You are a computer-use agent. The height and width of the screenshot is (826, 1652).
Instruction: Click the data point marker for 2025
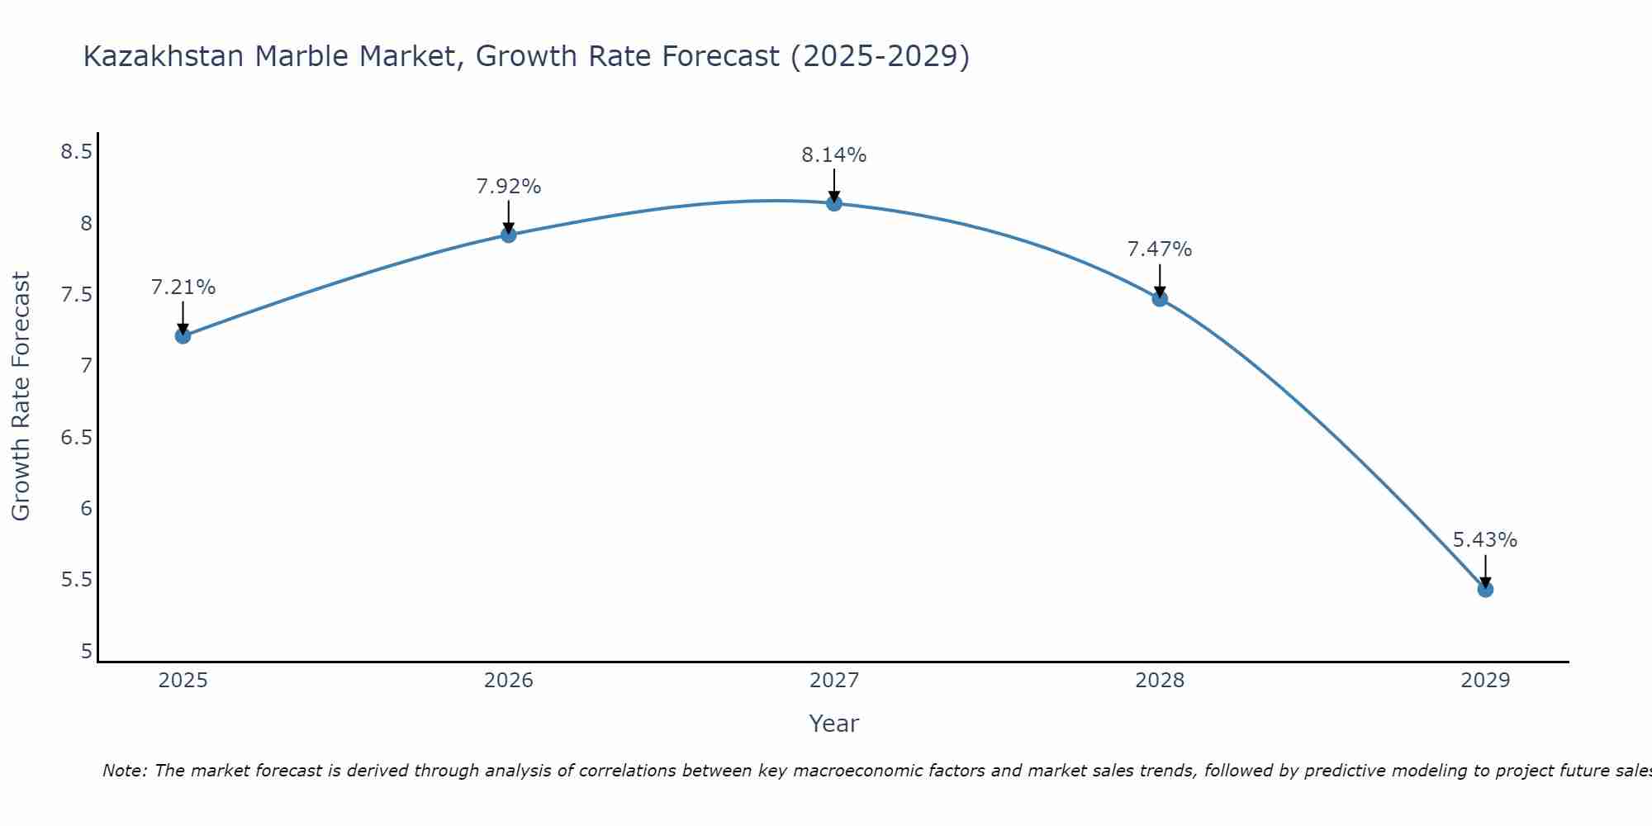coord(183,335)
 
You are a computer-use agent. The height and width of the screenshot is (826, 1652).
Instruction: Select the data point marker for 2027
coord(834,203)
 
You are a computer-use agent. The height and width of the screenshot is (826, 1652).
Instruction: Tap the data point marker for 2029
coord(1485,589)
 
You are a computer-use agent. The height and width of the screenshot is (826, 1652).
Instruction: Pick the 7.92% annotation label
coord(509,187)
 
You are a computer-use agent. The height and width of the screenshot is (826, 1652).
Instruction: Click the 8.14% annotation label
coord(834,155)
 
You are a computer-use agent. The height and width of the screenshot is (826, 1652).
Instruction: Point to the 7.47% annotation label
coord(1160,249)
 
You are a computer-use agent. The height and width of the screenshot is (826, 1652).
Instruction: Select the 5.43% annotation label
coord(1485,540)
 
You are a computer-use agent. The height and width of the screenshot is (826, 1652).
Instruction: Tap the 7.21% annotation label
coord(183,287)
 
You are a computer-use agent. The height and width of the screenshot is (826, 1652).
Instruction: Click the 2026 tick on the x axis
coord(509,681)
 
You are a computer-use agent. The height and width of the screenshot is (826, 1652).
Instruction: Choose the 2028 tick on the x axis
coord(1160,681)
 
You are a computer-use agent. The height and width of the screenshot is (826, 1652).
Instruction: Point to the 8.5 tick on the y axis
coord(76,152)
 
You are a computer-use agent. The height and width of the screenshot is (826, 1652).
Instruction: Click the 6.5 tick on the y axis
coord(76,437)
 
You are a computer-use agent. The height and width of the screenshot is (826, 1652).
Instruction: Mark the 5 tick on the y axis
coord(86,651)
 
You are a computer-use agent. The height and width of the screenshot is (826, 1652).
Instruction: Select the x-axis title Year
coord(834,724)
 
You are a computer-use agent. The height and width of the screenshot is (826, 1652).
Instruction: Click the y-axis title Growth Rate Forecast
coord(21,396)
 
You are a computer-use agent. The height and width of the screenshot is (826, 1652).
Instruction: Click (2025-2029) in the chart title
coord(880,56)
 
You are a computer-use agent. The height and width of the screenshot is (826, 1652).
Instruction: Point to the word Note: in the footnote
coord(125,771)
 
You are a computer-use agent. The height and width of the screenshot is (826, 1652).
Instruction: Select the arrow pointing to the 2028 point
coord(1160,281)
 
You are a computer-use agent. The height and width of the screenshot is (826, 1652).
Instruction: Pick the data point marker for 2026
coord(509,235)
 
